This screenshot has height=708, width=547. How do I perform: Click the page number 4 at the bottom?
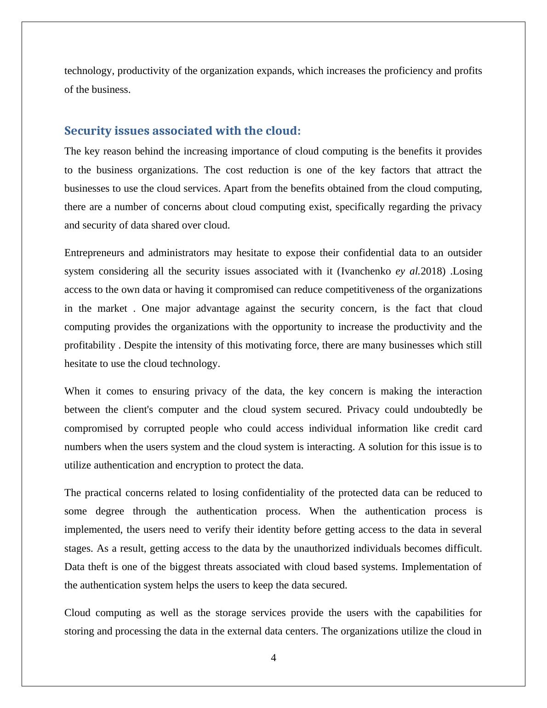pyautogui.click(x=273, y=658)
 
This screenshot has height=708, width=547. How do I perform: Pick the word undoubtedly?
pyautogui.click(x=440, y=410)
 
